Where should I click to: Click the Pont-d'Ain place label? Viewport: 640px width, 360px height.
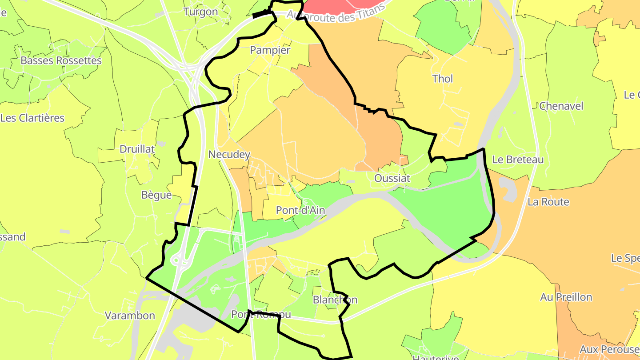[300, 210]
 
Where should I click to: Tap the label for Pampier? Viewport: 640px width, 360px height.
[270, 50]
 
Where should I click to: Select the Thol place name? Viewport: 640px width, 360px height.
[443, 79]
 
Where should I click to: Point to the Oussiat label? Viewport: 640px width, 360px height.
[392, 178]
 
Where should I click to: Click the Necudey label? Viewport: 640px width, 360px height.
[229, 155]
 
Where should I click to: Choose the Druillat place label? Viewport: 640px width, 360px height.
[137, 149]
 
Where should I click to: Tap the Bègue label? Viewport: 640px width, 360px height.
[156, 195]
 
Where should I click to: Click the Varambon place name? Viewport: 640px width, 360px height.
[130, 316]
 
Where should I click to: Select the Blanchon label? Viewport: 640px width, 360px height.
[335, 300]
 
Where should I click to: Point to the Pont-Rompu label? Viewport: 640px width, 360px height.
[261, 314]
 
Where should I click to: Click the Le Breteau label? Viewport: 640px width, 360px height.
[518, 160]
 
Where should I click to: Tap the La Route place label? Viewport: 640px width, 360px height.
[548, 202]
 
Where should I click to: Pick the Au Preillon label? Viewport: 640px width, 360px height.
[566, 297]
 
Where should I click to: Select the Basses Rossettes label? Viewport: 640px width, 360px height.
[61, 60]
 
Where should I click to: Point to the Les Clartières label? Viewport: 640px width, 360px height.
[32, 118]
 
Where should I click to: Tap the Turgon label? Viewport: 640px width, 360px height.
[201, 12]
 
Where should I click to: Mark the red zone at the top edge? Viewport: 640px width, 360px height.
[338, 5]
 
